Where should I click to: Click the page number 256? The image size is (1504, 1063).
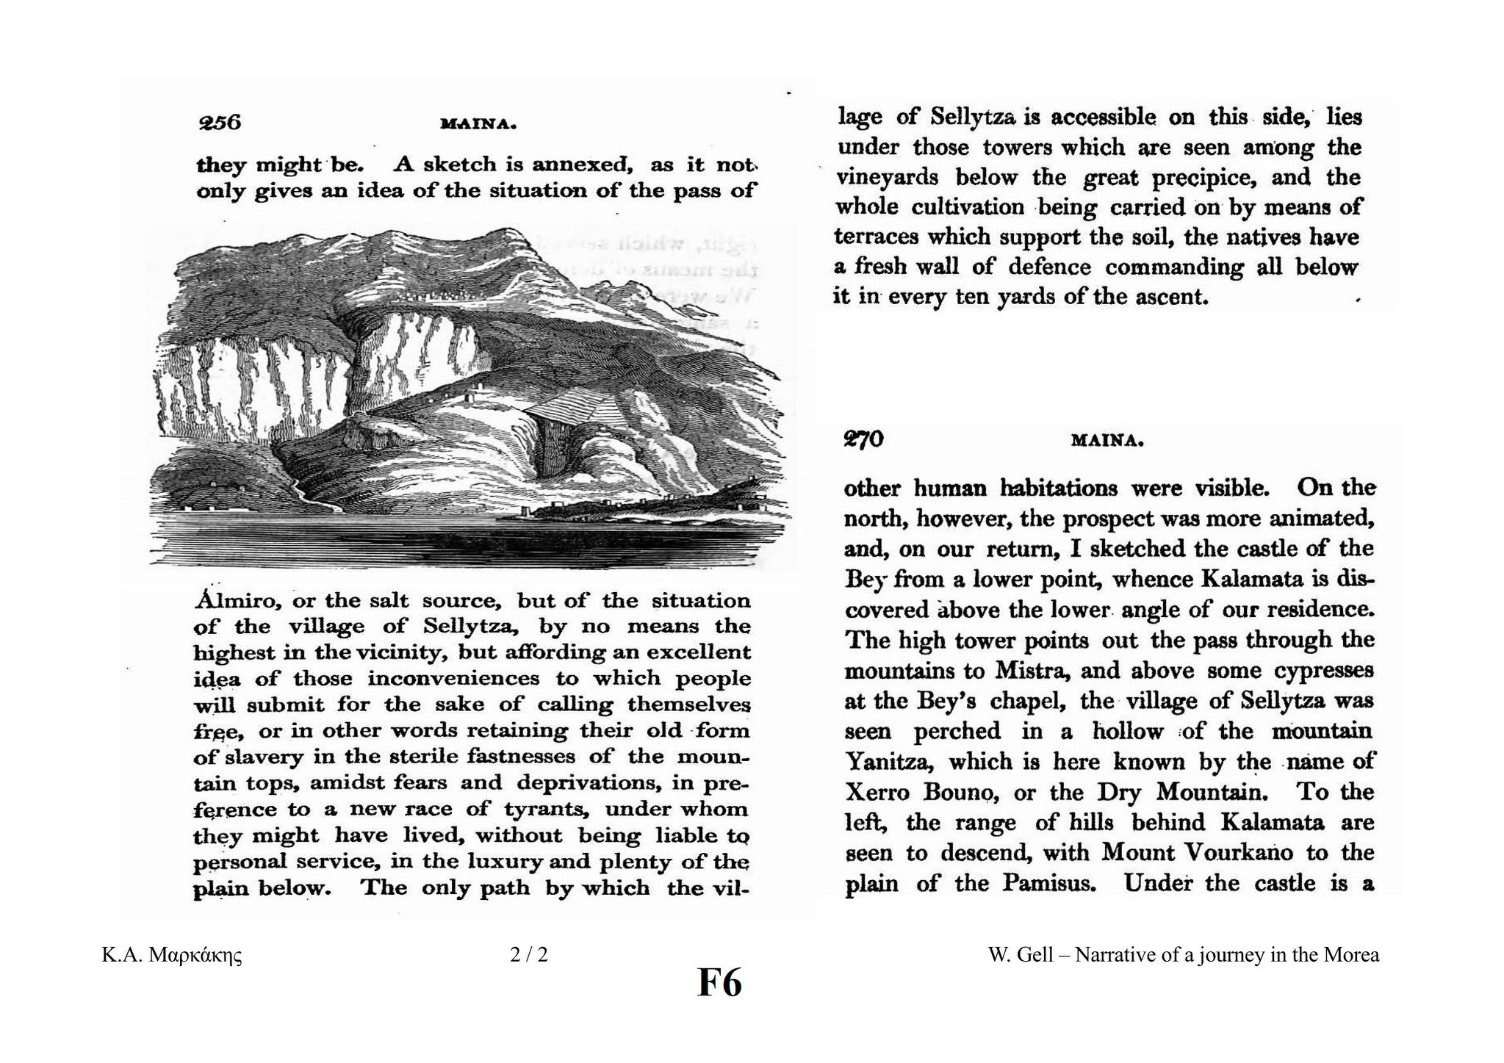point(220,122)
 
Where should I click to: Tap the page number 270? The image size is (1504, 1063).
point(863,439)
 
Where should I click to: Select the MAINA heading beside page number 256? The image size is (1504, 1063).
point(478,125)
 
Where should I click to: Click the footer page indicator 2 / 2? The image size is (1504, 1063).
point(529,955)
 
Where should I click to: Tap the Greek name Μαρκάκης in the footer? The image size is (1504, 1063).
point(195,956)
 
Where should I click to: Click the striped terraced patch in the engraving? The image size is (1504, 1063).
point(565,403)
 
